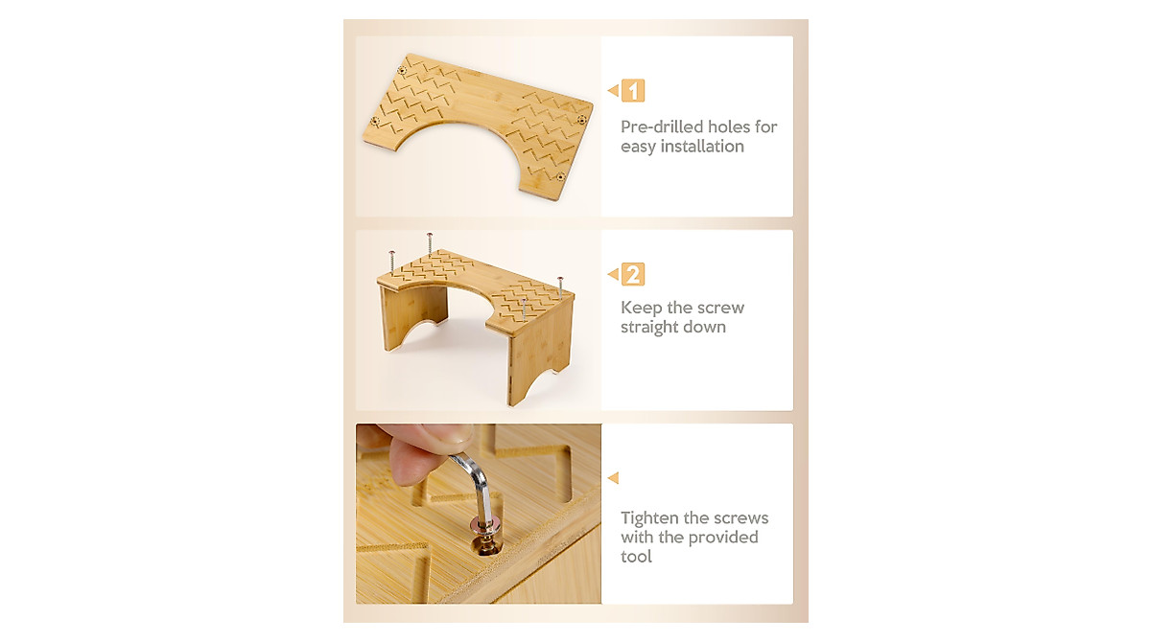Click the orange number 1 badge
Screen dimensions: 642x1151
tap(633, 91)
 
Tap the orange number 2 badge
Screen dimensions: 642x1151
tap(633, 275)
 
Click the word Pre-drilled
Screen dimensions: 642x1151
tap(661, 126)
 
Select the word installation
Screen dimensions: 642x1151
tap(698, 147)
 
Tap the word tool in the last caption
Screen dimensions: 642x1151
tap(636, 557)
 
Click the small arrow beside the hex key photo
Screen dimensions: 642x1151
tap(613, 477)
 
